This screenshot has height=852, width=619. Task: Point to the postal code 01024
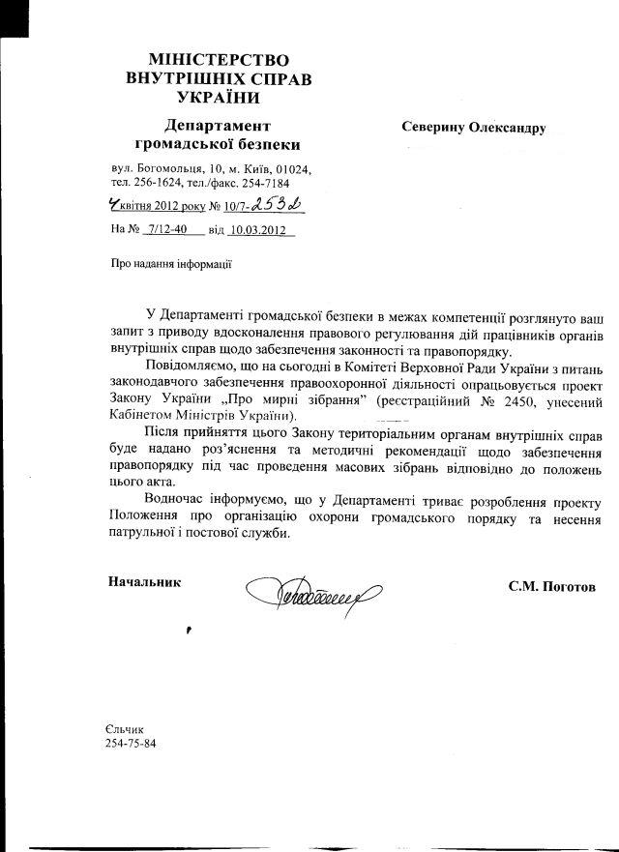click(292, 168)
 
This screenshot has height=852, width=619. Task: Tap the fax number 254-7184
click(262, 182)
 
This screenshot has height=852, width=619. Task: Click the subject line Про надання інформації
click(171, 262)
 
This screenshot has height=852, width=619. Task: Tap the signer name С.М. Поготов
click(562, 586)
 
